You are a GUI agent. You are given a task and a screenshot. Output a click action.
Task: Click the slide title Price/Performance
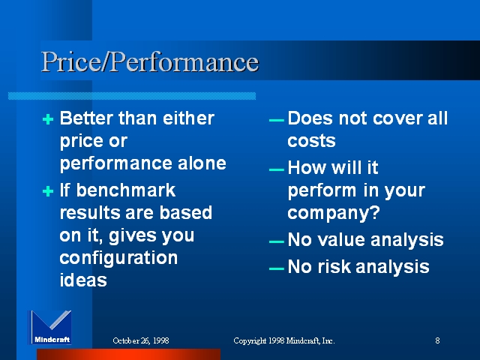point(150,62)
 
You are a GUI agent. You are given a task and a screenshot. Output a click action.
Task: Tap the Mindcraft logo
point(50,328)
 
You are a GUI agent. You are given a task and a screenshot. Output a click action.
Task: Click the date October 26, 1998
point(141,340)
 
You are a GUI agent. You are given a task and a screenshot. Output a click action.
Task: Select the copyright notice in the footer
point(284,340)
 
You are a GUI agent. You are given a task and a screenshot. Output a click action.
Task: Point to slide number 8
point(437,340)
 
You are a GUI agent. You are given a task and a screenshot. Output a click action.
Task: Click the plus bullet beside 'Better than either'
point(48,119)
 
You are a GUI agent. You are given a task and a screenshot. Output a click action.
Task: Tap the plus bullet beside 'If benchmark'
point(48,191)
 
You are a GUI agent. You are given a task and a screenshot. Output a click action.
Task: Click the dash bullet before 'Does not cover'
point(277,120)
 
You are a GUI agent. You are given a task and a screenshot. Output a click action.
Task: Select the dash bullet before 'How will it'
point(277,169)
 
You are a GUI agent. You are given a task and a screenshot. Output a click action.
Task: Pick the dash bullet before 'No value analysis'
point(277,241)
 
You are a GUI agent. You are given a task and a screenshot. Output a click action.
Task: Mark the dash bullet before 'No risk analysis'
point(277,268)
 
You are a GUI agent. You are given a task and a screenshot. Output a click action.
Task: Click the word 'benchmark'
point(126,190)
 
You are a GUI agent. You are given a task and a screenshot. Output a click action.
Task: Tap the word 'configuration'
point(118,259)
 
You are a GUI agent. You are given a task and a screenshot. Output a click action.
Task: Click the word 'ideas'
point(83,280)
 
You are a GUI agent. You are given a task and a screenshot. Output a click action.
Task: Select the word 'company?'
point(334,213)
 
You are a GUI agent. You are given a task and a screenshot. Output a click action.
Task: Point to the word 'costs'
point(312,141)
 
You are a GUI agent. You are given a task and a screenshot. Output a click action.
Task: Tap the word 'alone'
point(202,163)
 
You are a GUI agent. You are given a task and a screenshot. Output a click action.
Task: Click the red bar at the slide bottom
point(128,354)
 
